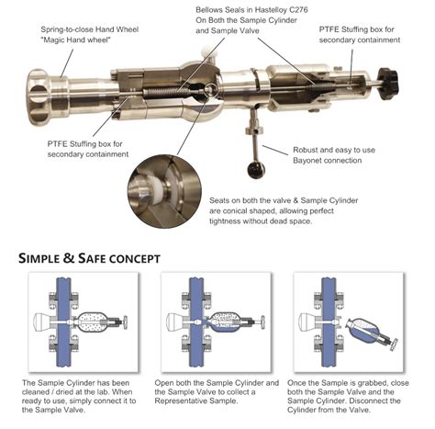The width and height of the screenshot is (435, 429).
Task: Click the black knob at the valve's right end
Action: click(388, 84)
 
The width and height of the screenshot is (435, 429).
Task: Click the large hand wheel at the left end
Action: click(39, 97)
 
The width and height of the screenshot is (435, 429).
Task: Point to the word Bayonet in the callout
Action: click(307, 161)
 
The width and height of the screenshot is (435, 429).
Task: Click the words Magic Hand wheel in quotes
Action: click(75, 40)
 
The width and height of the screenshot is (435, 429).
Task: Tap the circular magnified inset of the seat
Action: click(164, 191)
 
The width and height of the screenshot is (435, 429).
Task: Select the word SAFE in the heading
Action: click(91, 258)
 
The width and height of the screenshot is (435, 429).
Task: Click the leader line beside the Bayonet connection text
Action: click(275, 150)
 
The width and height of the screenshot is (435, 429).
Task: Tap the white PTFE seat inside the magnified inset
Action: click(158, 190)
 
